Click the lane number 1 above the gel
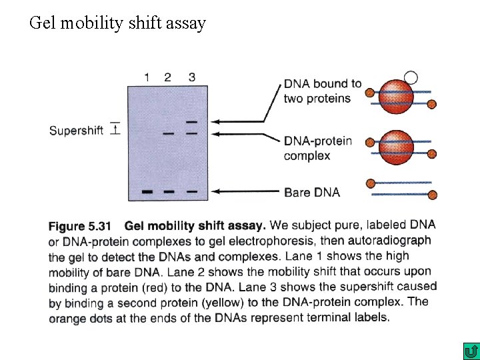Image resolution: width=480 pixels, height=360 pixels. tap(147, 77)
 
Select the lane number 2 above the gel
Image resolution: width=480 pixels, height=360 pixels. tap(167, 77)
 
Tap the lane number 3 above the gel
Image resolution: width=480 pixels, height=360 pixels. tap(192, 77)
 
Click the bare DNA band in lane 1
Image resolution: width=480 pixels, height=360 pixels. tap(147, 192)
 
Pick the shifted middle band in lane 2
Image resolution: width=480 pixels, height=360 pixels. tap(168, 134)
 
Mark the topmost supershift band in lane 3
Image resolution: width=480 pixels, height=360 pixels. tap(192, 122)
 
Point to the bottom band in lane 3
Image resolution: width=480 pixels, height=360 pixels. tap(192, 192)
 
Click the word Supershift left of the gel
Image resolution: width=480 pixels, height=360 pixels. tap(76, 131)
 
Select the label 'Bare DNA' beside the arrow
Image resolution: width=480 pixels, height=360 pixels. tap(312, 193)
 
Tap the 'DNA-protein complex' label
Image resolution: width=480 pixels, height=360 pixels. tap(317, 149)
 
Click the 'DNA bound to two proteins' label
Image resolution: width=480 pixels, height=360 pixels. tap(322, 91)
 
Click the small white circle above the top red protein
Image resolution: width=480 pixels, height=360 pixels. tap(411, 78)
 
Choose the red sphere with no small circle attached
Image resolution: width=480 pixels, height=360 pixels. tap(397, 147)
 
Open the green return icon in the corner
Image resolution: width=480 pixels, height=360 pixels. tap(471, 351)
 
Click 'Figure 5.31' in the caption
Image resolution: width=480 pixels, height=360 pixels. tap(80, 227)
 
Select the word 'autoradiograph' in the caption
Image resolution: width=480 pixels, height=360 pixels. tap(393, 241)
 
